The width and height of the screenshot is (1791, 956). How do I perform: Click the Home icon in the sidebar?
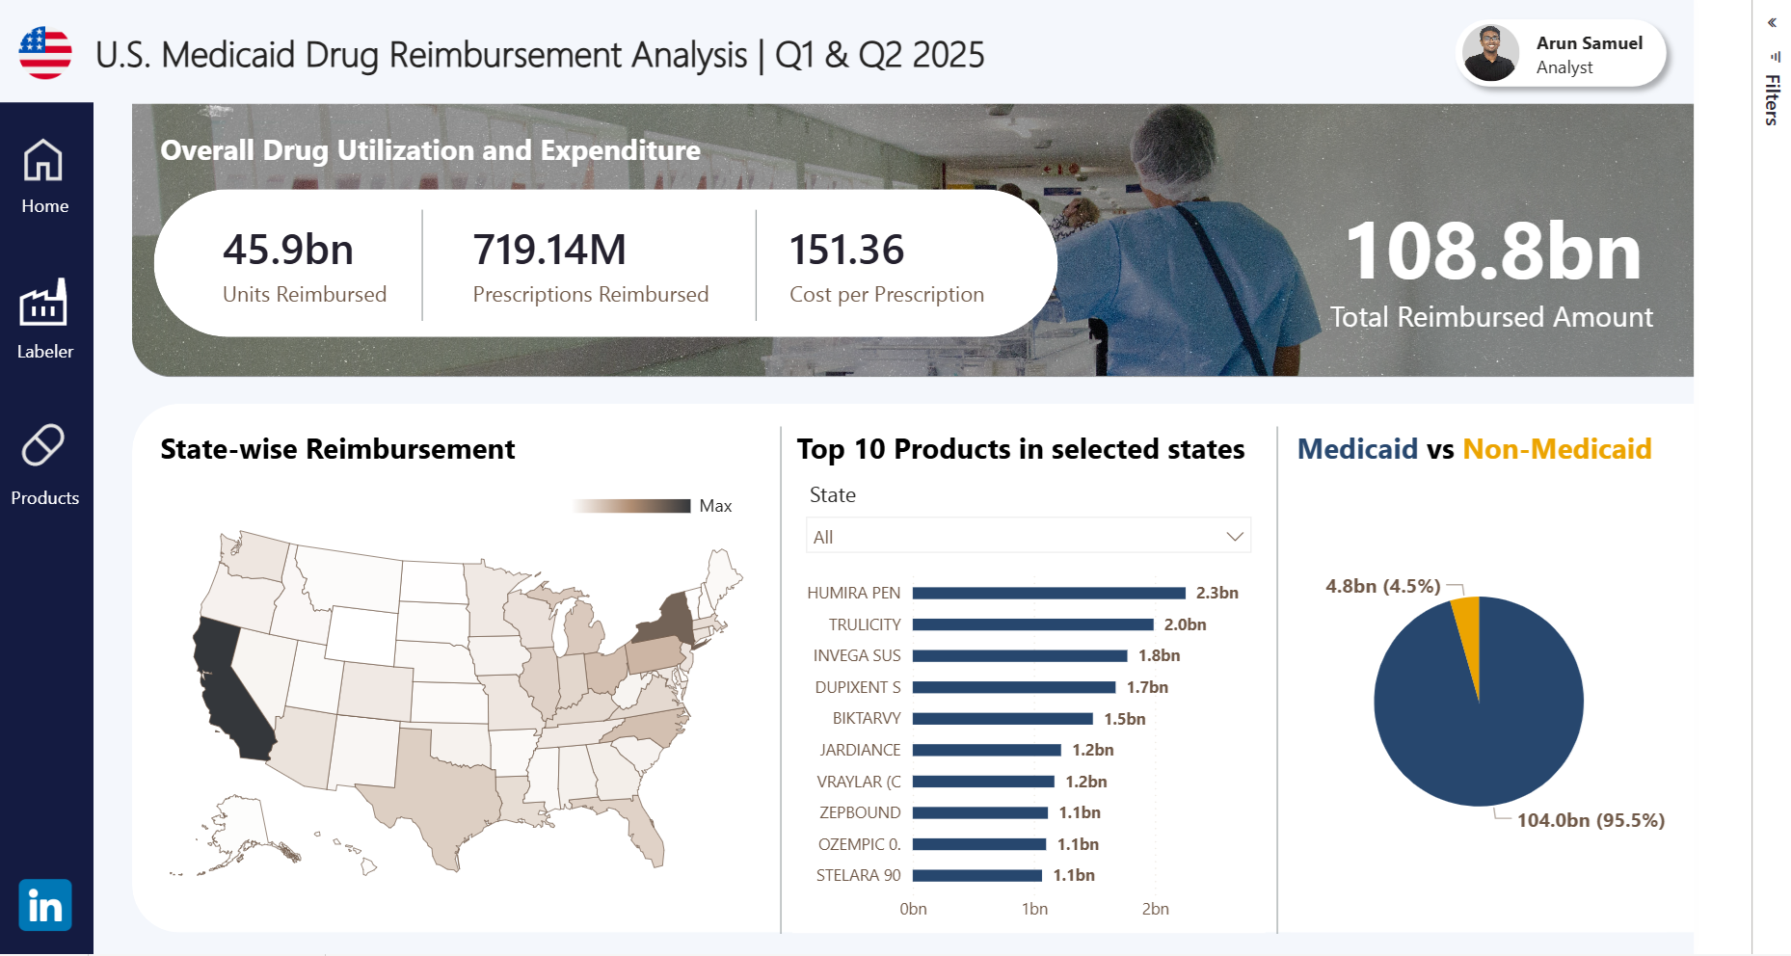point(43,160)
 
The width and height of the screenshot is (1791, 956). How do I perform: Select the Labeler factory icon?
point(43,304)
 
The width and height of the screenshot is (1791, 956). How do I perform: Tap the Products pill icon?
point(43,445)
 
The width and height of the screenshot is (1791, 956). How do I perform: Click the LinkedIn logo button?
point(45,905)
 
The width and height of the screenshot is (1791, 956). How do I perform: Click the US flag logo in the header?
point(45,53)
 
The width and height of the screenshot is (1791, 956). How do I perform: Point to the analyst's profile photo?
point(1490,53)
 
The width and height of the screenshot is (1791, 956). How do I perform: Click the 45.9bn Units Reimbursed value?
point(288,250)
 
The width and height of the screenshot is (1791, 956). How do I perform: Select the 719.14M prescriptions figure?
point(549,250)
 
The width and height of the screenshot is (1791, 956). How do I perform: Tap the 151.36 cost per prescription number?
point(846,250)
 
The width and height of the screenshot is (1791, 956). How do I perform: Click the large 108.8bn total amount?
point(1492,252)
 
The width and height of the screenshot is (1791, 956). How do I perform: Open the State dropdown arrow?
point(1234,537)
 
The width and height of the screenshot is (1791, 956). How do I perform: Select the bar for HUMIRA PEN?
point(1049,593)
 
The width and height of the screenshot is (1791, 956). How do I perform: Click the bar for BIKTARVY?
point(1002,719)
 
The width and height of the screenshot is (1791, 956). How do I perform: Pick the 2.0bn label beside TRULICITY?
point(1185,624)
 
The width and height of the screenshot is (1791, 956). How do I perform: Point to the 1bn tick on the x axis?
point(1034,909)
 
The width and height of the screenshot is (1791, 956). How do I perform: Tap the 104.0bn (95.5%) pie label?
point(1591,820)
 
